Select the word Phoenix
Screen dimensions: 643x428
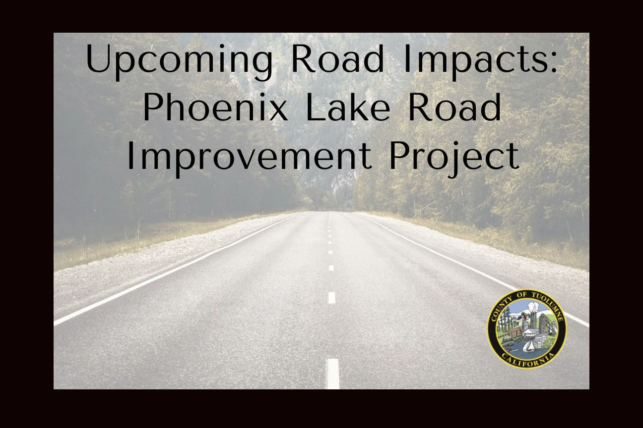[x=215, y=107]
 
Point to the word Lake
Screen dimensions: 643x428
[x=348, y=107]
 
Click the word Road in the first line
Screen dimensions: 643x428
[x=337, y=59]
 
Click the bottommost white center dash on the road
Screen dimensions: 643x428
[x=333, y=374]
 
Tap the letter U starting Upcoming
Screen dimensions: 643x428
[x=97, y=59]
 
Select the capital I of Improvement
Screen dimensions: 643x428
[x=130, y=156]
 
